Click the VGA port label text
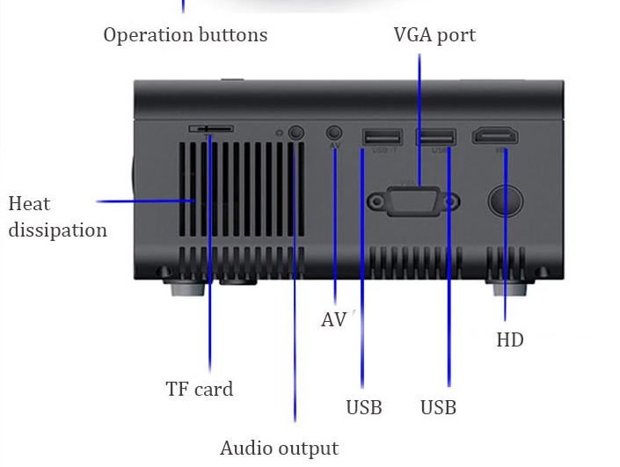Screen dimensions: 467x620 point(434,36)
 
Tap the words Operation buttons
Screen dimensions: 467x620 point(185,36)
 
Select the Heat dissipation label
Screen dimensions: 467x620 point(57,217)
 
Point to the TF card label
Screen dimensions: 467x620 point(200,389)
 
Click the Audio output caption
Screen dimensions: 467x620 point(279,449)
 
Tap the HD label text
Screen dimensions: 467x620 point(510,339)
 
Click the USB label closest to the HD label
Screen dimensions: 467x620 point(438,408)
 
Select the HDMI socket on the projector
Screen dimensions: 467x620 point(495,137)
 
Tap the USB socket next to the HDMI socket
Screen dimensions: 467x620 point(436,137)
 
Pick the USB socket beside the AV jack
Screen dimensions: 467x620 point(383,137)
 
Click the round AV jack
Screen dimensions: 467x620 point(334,131)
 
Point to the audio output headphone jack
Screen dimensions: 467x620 point(296,133)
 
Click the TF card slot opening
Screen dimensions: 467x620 point(211,129)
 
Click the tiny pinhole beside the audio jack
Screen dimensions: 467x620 point(280,134)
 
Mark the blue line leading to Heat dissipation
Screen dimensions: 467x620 point(145,201)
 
